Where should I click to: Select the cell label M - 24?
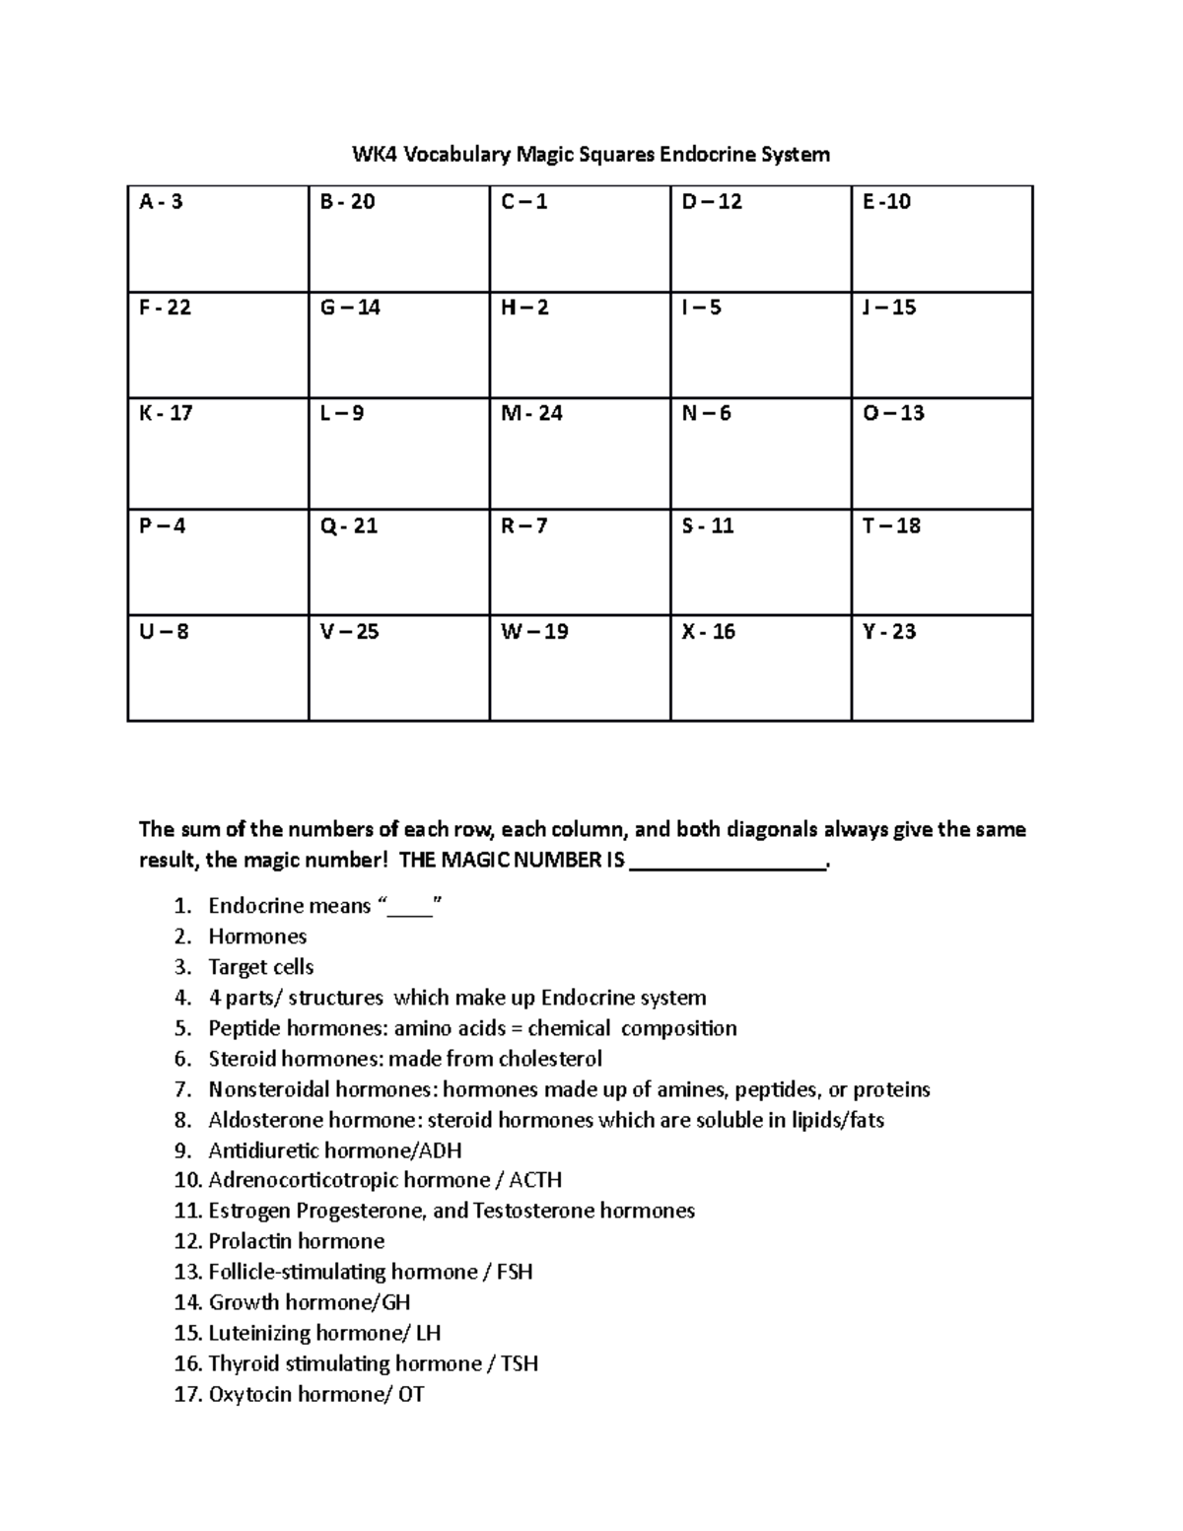[531, 413]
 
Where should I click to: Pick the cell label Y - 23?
[889, 631]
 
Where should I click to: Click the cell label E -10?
[886, 202]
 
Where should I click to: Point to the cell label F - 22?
[165, 308]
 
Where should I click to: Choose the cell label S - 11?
[708, 525]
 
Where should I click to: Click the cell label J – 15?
[889, 308]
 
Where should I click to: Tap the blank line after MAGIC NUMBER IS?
[728, 861]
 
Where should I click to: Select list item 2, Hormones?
[257, 936]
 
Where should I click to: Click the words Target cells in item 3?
[260, 966]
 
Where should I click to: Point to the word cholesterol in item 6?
[550, 1058]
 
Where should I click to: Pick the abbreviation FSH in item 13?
[515, 1272]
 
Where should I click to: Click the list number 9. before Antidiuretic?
[181, 1150]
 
